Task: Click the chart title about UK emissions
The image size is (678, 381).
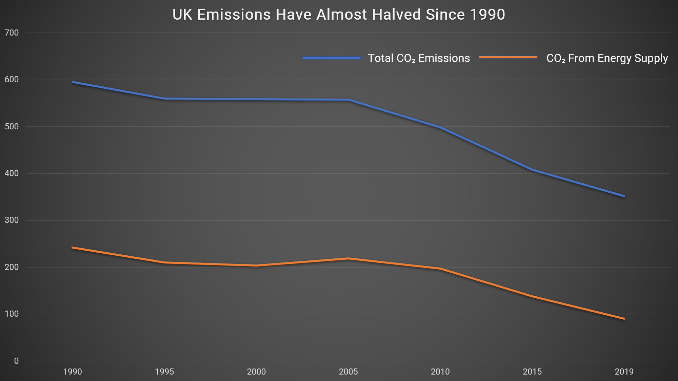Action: tap(339, 15)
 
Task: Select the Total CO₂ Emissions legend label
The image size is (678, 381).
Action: tap(419, 58)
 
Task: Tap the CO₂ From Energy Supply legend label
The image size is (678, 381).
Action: tap(607, 58)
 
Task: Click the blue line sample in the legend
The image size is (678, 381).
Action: tap(332, 58)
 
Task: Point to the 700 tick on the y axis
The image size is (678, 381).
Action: tap(12, 33)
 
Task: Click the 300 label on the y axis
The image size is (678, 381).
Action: tap(12, 220)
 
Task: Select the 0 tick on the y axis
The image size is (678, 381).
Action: tap(16, 361)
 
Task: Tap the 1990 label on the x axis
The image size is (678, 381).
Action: tap(73, 372)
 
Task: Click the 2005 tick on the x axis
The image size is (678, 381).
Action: tap(348, 372)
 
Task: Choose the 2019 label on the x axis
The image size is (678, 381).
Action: tap(624, 372)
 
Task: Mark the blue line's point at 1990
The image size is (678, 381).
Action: tap(73, 82)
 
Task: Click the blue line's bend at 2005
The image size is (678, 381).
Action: tap(348, 100)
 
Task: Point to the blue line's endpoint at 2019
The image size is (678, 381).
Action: tap(624, 196)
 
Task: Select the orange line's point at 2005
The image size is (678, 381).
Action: tap(348, 259)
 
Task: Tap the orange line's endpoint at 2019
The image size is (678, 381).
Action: tap(624, 319)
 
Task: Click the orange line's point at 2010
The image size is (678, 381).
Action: tap(440, 269)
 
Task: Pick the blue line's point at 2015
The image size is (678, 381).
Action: tap(532, 169)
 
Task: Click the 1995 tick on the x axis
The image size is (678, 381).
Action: tap(164, 372)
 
